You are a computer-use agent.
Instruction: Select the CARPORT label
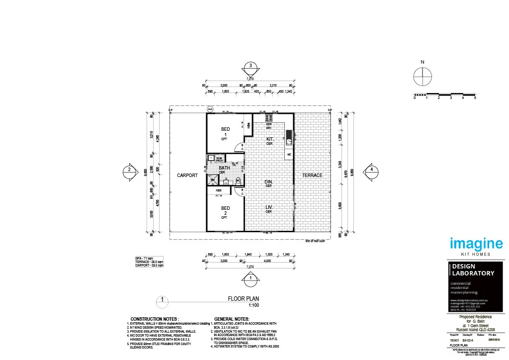pos(187,176)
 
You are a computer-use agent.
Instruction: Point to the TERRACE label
pos(312,176)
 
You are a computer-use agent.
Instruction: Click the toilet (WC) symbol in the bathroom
pos(238,180)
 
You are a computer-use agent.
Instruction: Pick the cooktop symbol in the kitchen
pos(269,118)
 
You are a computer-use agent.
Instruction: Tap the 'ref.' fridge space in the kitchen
pos(289,155)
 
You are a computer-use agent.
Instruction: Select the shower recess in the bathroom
pos(212,180)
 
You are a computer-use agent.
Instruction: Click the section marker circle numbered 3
pos(251,67)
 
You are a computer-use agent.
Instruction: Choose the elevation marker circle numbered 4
pos(371,170)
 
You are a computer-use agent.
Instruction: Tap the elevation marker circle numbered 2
pos(129,170)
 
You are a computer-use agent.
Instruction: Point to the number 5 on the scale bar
pos(475,98)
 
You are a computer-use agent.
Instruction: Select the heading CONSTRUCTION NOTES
pos(155,319)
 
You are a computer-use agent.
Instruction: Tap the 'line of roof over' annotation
pos(315,242)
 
